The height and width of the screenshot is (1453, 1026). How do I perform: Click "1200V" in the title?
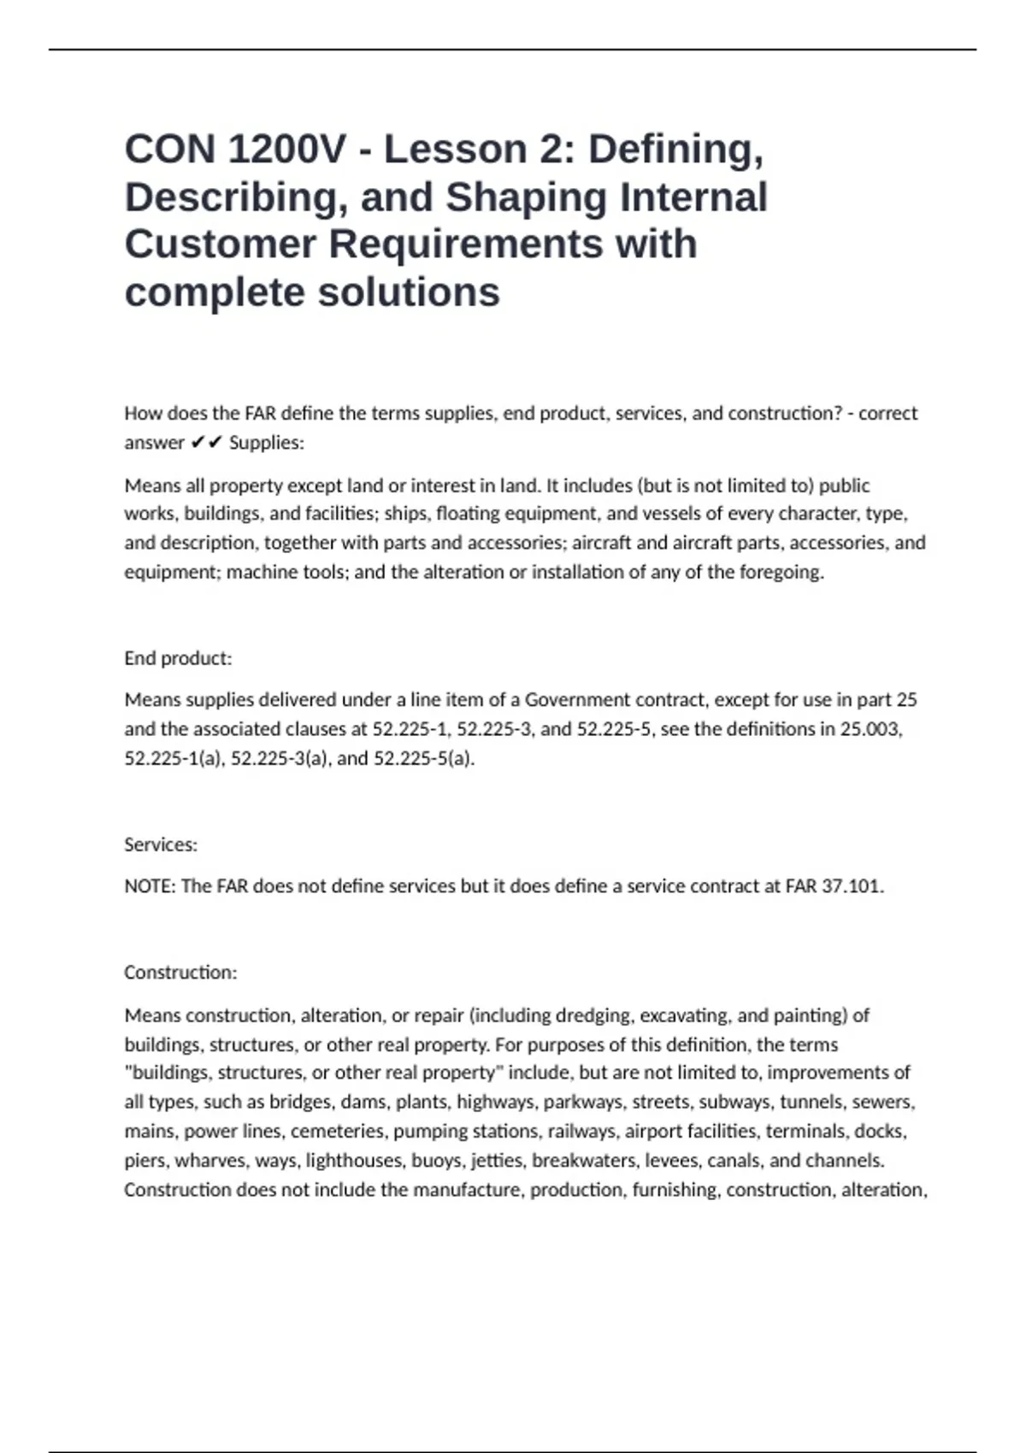[x=287, y=150]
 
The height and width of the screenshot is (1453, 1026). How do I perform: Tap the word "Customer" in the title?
[x=220, y=244]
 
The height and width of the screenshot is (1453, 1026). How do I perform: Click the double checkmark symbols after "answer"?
[x=206, y=443]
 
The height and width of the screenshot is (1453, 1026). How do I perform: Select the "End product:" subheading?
[x=178, y=658]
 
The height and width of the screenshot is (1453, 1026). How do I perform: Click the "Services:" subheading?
[x=161, y=844]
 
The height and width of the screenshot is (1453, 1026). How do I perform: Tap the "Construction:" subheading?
[x=180, y=973]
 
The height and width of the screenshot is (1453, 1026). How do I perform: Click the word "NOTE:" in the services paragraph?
[x=150, y=886]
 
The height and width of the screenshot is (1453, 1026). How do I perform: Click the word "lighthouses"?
[x=353, y=1161]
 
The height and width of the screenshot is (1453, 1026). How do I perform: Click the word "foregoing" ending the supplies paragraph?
[x=781, y=572]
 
